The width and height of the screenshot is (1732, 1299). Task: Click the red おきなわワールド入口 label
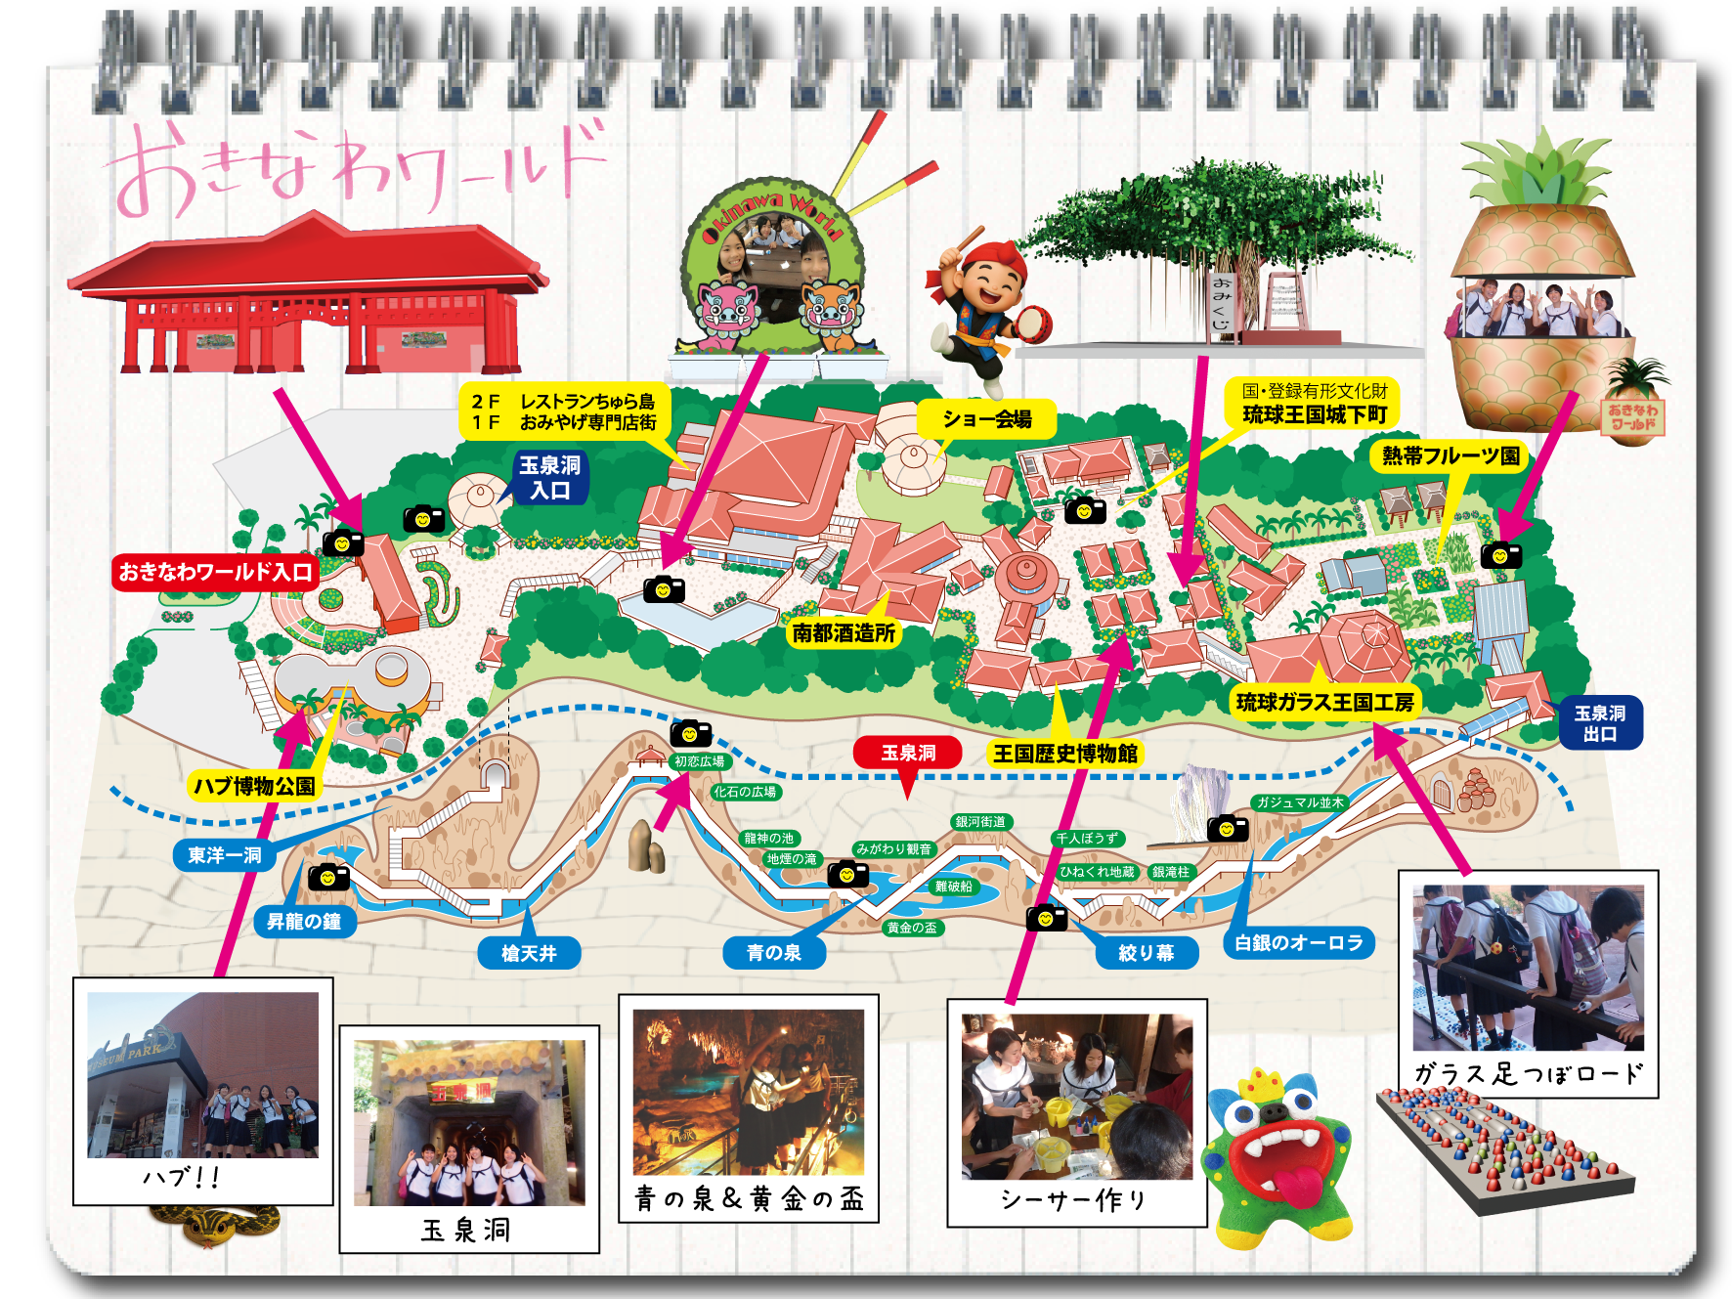[x=215, y=572]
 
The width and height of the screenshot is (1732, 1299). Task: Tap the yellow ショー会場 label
[x=986, y=419]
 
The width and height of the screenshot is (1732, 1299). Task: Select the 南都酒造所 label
[x=844, y=633]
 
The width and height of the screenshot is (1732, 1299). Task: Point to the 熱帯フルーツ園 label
[x=1451, y=456]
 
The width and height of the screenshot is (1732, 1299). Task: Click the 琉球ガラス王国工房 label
[x=1324, y=703]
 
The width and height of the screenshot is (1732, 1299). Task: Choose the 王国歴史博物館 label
[x=1064, y=754]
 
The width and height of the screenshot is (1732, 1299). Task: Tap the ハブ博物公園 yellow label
[x=254, y=787]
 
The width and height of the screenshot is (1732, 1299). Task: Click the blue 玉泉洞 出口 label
[x=1599, y=724]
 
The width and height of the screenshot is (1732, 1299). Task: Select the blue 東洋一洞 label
[x=225, y=855]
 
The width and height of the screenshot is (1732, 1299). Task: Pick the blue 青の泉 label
[x=773, y=953]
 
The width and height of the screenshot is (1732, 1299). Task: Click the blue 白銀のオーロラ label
[x=1298, y=943]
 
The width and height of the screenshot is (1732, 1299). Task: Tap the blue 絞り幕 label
[x=1146, y=953]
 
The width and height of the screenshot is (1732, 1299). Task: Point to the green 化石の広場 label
[x=745, y=792]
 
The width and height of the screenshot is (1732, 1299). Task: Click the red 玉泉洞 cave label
[x=907, y=753]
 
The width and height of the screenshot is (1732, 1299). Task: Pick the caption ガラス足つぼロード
[x=1528, y=1074]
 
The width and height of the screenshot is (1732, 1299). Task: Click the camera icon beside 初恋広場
[x=690, y=733]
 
